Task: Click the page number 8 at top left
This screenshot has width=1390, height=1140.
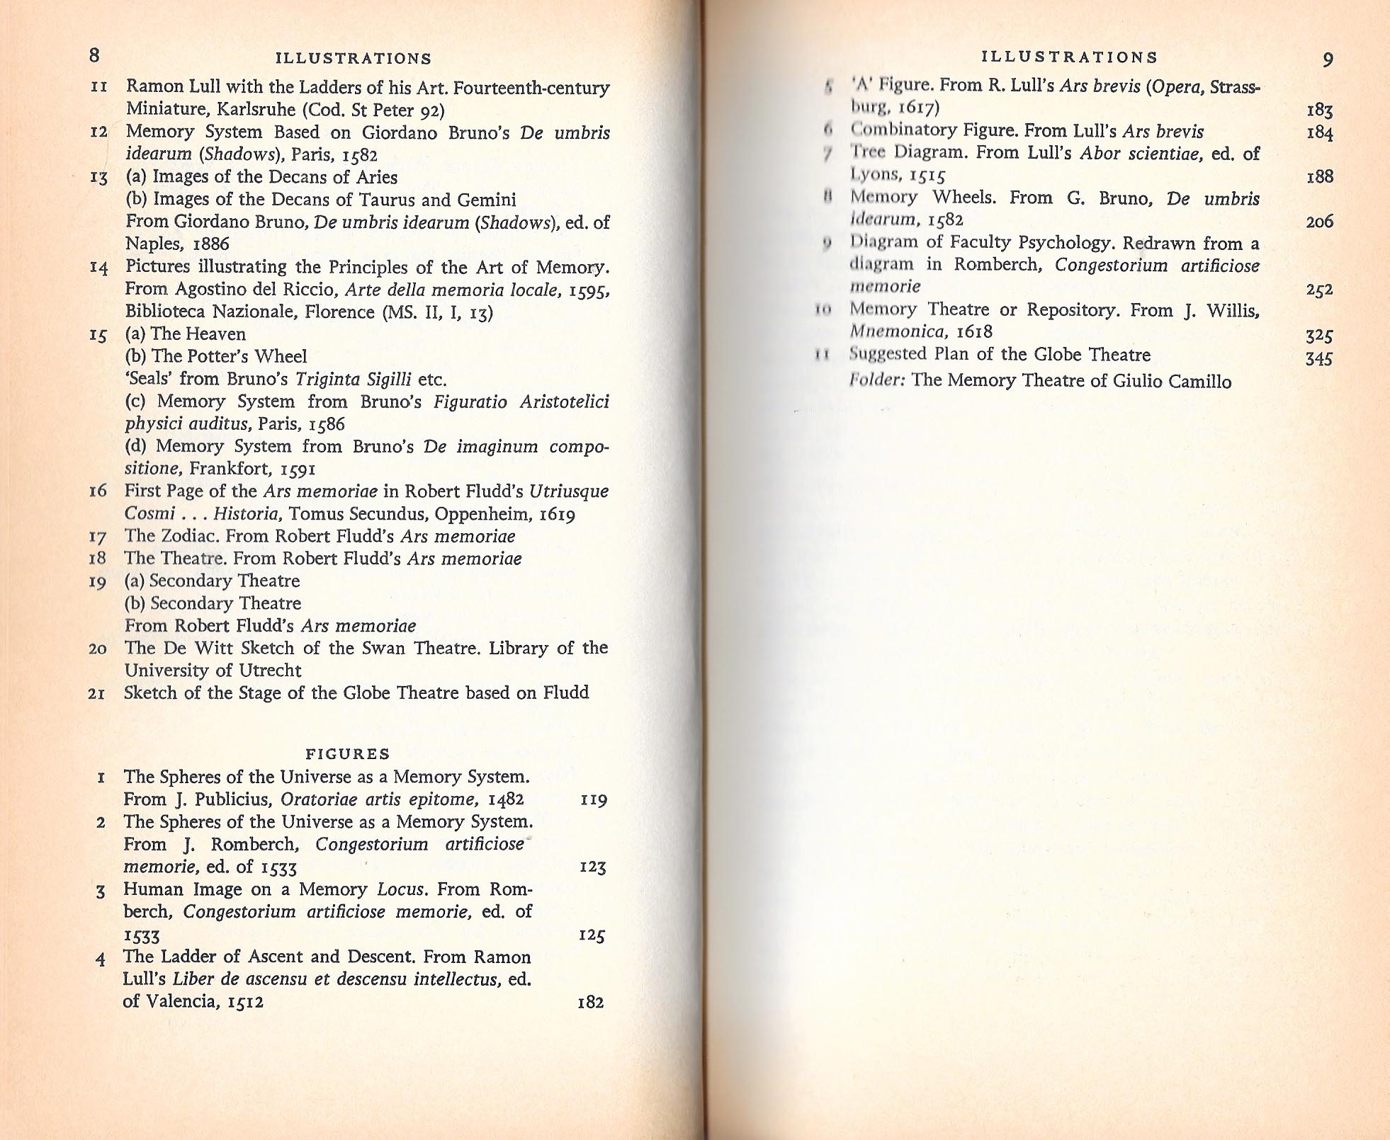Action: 95,56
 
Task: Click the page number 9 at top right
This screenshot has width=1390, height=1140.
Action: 1328,59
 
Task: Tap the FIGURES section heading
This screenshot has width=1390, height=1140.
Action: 348,754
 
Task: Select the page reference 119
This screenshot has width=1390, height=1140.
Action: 594,800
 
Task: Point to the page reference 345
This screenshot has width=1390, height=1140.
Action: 1318,358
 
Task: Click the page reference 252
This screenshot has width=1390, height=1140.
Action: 1318,290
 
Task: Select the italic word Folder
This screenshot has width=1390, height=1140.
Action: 877,380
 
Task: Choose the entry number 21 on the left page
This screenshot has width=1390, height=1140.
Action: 97,693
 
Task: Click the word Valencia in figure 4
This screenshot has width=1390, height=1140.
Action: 183,1001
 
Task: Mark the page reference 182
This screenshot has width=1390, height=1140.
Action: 591,1003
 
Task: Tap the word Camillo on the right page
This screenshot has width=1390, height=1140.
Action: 1199,382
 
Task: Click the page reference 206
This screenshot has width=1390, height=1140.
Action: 1319,222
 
